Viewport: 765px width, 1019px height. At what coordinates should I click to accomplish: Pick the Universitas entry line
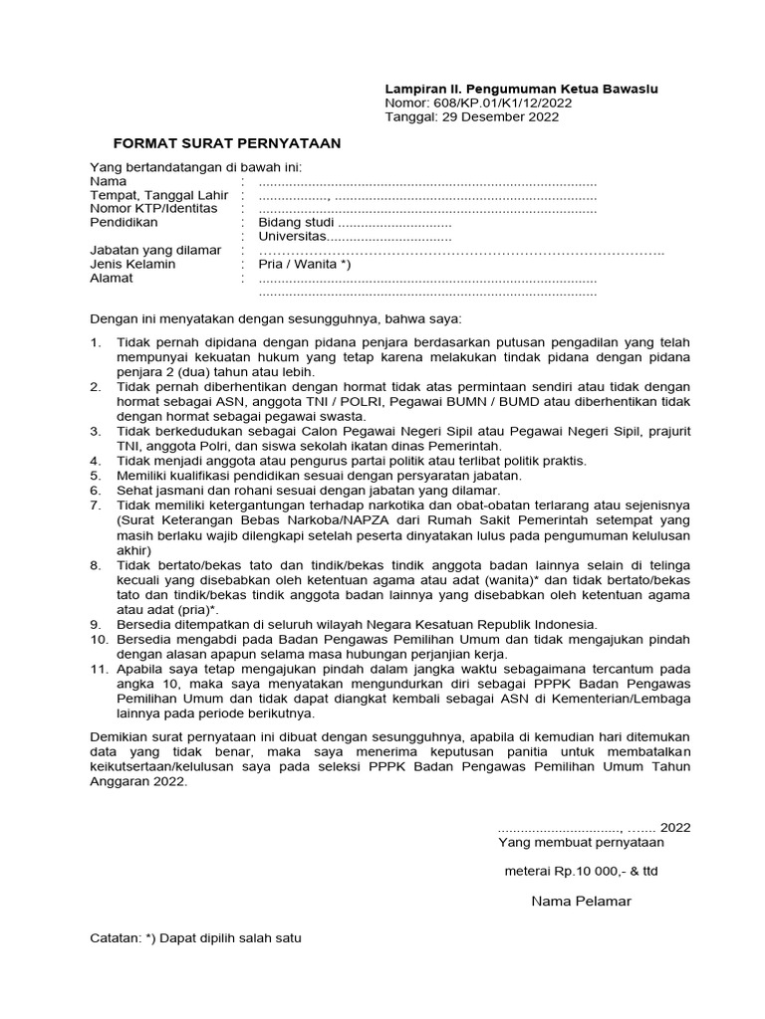(x=355, y=237)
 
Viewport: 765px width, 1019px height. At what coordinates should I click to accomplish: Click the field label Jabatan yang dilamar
(x=155, y=251)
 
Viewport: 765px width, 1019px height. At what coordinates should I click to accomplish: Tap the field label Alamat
(x=111, y=279)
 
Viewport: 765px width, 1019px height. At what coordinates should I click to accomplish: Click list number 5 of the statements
(x=96, y=476)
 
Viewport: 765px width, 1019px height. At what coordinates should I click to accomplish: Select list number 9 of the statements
(x=96, y=624)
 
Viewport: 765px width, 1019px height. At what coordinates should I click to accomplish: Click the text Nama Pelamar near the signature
(x=581, y=902)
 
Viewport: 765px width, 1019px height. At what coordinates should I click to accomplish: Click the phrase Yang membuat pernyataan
(x=581, y=842)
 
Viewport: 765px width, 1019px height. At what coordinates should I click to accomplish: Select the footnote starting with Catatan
(x=195, y=938)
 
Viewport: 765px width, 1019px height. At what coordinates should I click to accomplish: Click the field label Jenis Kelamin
(x=132, y=265)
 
